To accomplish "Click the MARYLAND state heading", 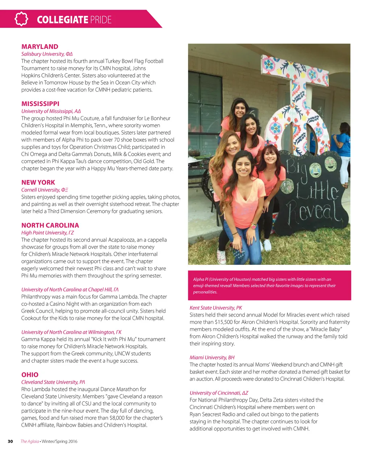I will tap(39, 47).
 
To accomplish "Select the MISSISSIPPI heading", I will tap(40, 104).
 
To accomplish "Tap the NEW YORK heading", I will tap(38, 182).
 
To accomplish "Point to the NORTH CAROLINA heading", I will tap(50, 225).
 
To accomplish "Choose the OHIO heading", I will tap(30, 375).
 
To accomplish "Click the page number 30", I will tap(10, 441).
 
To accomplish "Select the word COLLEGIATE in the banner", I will tap(62, 20).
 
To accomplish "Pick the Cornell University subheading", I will tap(45, 190).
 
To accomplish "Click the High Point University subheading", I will tap(47, 233).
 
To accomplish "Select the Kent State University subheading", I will tap(216, 308).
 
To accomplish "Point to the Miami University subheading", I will tap(212, 358).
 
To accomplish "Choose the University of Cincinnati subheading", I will tap(218, 393).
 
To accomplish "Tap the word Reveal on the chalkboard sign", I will tap(314, 213).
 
